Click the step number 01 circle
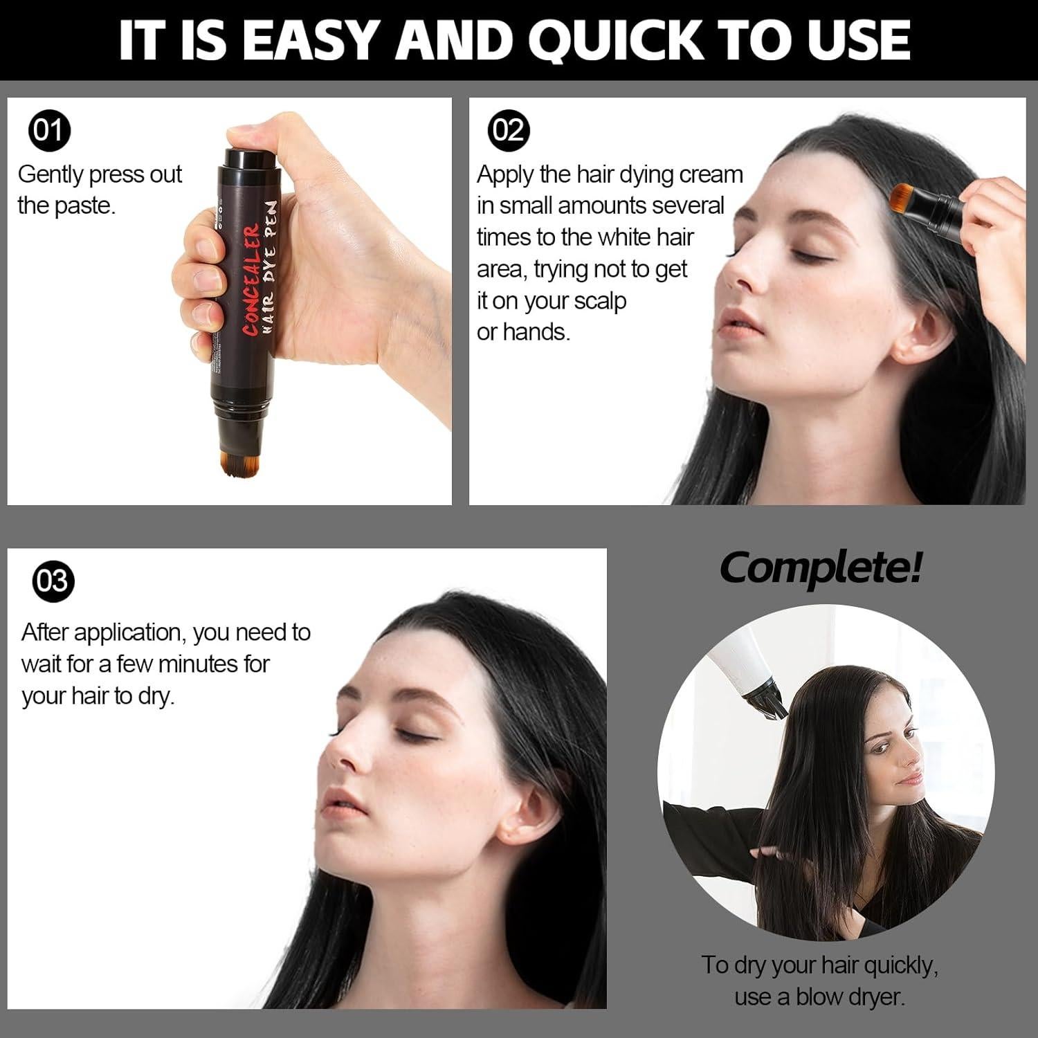tap(50, 130)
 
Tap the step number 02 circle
tap(509, 130)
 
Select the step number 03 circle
tap(53, 580)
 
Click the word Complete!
tap(821, 567)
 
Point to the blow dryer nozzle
tap(772, 699)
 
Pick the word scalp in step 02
tap(599, 301)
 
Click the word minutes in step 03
tap(198, 664)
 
